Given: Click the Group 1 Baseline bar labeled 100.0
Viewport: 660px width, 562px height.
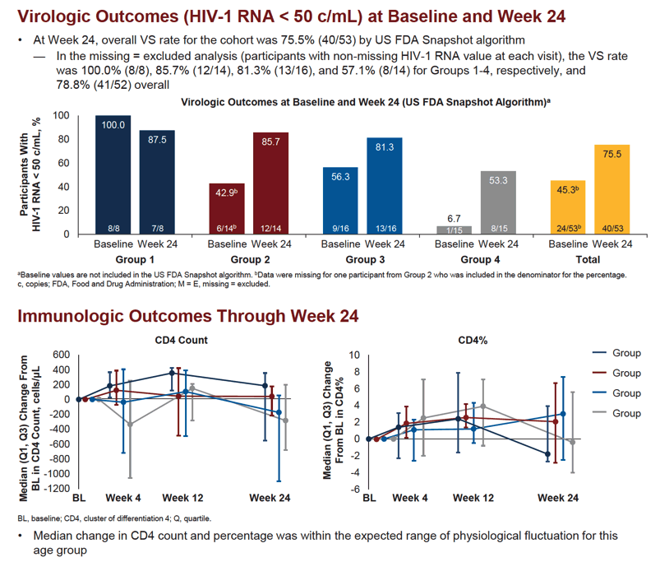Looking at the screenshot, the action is tap(113, 174).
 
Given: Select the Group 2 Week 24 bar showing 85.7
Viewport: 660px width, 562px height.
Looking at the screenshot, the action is tap(270, 183).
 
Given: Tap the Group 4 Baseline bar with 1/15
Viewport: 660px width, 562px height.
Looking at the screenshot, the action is tap(455, 230).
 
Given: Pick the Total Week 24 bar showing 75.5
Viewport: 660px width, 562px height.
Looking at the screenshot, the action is tap(612, 189).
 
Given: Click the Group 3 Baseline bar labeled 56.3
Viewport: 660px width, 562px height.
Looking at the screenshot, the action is tap(340, 201).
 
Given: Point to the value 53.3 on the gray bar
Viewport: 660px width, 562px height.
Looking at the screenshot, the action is tap(498, 180).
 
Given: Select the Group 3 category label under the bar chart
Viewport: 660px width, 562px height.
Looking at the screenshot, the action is tap(365, 259).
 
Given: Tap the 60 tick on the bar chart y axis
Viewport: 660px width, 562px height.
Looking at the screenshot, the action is tap(63, 163).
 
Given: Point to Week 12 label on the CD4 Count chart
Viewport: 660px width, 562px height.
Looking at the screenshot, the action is tap(182, 498).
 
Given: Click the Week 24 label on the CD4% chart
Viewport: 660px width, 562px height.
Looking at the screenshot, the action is tap(558, 498).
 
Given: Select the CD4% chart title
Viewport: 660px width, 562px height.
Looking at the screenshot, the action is tap(473, 341).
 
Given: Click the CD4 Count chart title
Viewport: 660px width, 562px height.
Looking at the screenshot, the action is tap(182, 341).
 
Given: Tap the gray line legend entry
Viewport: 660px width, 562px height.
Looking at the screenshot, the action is tap(616, 413).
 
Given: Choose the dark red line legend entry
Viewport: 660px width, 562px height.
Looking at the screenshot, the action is tap(616, 373).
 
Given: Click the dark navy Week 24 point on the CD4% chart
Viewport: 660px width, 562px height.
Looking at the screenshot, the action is tap(547, 453).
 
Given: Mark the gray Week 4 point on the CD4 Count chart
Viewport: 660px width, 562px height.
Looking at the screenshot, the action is tap(130, 425).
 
